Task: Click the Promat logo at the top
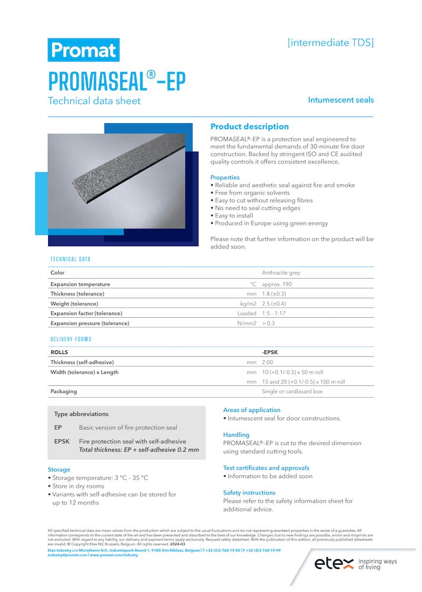click(x=83, y=50)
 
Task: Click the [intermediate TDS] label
click(x=330, y=43)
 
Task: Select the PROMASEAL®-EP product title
click(x=117, y=81)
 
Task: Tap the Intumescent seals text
click(x=341, y=100)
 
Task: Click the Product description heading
click(x=249, y=127)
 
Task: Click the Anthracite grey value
click(x=281, y=273)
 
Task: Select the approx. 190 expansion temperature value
click(x=277, y=284)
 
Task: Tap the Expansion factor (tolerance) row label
click(x=86, y=313)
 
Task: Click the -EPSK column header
click(x=270, y=352)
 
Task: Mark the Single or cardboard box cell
click(x=292, y=391)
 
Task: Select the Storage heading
click(x=59, y=469)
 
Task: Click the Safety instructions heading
click(x=249, y=493)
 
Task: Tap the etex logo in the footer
click(x=333, y=562)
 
